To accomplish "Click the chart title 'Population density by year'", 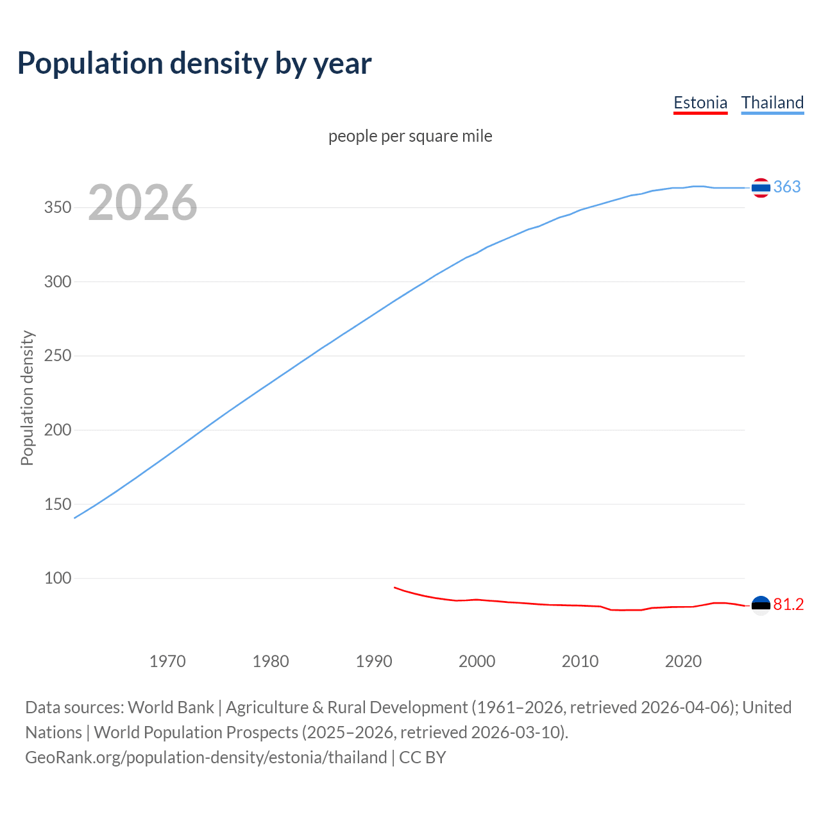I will pos(194,63).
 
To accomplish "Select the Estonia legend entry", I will pos(700,103).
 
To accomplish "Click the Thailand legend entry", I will pos(772,103).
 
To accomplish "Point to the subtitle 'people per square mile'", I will pos(410,136).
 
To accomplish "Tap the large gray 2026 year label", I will pos(142,203).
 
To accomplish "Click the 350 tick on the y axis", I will pos(58,208).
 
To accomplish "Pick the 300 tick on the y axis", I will pos(58,282).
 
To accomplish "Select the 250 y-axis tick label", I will pos(58,356).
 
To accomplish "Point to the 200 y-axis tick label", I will pos(58,430).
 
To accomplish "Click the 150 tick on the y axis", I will pos(58,504).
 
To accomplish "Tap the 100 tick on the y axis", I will pos(58,579).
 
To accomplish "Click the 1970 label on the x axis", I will pos(167,661).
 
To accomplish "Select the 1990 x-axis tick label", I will pos(374,661).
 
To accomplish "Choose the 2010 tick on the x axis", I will pos(580,661).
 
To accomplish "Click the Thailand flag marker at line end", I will pos(761,188).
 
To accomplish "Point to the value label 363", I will pos(787,187).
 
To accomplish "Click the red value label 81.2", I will pos(788,605).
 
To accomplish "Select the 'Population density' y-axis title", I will pos(27,398).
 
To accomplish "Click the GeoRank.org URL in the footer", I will pos(206,758).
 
